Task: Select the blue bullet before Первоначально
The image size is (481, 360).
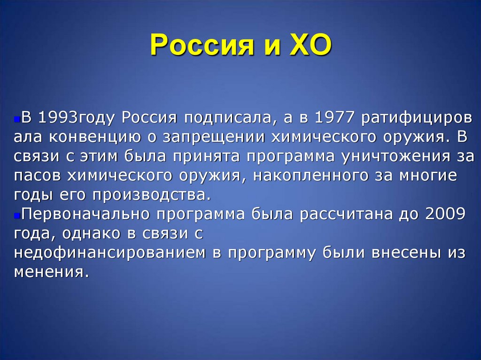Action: click(x=16, y=214)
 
